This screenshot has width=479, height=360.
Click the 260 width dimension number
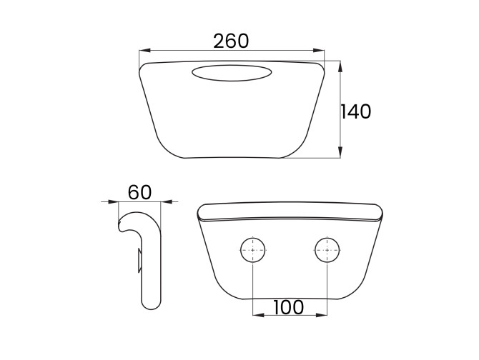(231, 41)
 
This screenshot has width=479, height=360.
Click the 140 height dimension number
(356, 111)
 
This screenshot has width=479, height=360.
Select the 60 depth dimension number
(139, 193)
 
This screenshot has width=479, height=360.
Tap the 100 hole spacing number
(288, 307)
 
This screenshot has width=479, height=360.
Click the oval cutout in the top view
(232, 73)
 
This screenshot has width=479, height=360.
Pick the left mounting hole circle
(252, 250)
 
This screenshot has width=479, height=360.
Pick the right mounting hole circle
(327, 250)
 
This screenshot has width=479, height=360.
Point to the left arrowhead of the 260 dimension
(145, 50)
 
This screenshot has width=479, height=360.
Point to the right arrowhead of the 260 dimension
(319, 50)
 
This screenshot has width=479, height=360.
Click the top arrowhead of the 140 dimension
(340, 66)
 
